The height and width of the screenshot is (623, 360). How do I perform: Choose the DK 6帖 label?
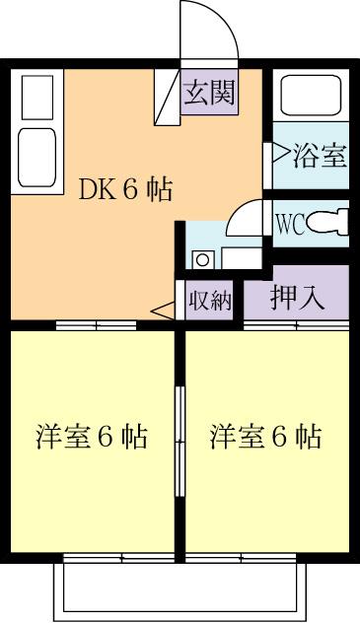125,190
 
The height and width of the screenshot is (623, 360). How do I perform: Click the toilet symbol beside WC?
329,222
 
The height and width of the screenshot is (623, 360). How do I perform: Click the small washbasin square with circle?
201,260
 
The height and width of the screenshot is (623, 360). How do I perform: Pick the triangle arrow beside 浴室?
270,154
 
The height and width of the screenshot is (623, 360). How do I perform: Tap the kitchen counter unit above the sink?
38,98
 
